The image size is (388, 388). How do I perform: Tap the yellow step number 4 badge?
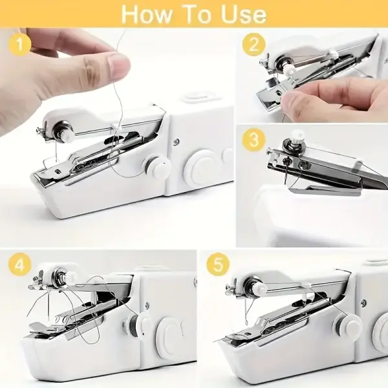pos(19,266)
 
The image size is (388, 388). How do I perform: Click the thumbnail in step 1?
pos(118,65)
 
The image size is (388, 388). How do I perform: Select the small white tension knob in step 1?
pos(155,167)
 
